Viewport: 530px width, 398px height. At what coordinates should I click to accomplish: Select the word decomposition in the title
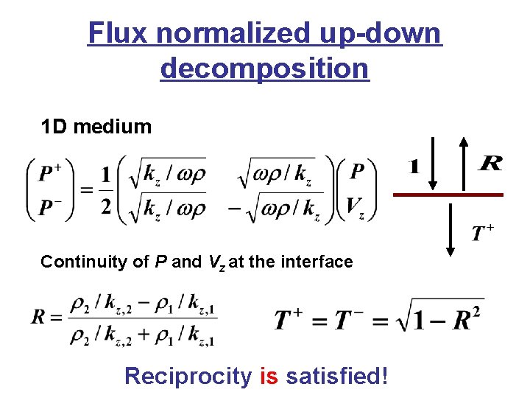coord(264,69)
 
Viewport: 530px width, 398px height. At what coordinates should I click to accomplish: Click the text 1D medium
coord(96,127)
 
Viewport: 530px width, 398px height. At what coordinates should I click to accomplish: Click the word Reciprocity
coord(188,377)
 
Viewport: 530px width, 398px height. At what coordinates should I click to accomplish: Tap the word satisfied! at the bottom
coord(336,376)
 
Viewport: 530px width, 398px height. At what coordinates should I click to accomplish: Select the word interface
coord(321,262)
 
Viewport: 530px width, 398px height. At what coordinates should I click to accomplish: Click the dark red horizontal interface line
coord(448,195)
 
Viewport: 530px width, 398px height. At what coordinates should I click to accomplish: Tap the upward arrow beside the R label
coord(463,163)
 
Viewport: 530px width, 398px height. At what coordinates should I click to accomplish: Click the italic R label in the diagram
coord(490,163)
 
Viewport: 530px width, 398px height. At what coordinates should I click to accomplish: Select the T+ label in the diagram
coord(482,234)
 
